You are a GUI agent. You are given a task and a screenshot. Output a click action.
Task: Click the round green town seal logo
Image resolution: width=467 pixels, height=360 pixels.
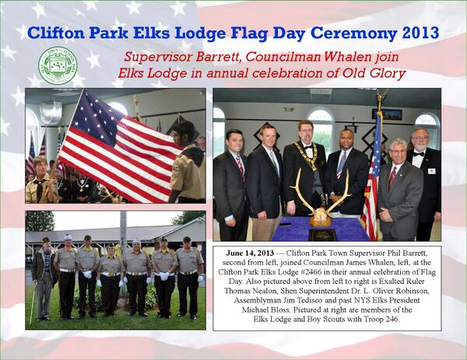[x=57, y=65]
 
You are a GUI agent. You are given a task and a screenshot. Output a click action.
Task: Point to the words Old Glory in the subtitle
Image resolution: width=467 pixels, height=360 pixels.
[x=370, y=74]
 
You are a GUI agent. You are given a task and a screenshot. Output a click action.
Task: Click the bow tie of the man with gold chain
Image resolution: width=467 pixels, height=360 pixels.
[x=307, y=145]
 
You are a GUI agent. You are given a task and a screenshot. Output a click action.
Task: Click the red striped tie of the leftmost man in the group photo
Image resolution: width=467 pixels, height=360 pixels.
[x=241, y=167]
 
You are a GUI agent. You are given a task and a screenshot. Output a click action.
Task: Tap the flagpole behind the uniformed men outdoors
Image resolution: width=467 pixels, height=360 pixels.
[x=124, y=233]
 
